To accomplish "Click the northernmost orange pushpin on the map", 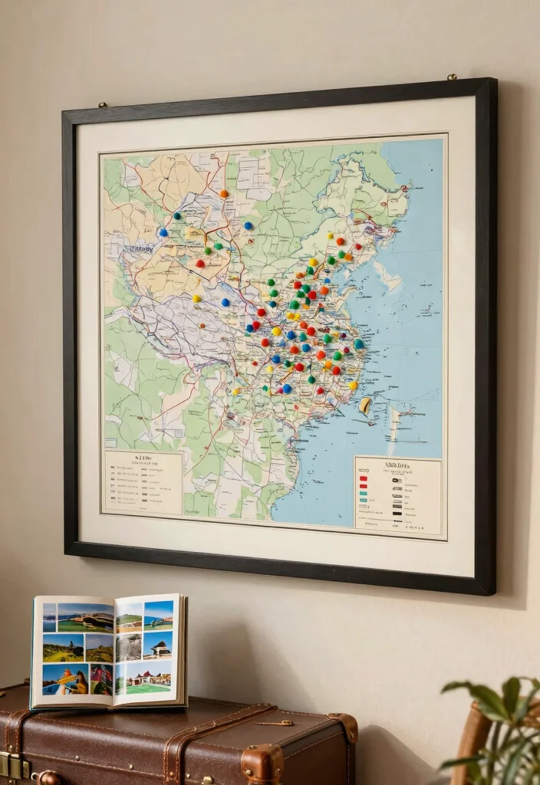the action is tap(224, 194).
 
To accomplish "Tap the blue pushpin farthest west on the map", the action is tap(163, 232).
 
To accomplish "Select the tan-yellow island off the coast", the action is tap(366, 405).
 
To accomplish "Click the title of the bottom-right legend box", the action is tap(397, 465).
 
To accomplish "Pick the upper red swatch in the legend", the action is tap(363, 478).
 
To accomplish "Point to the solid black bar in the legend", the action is tap(397, 506).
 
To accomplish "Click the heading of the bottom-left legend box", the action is tap(142, 459).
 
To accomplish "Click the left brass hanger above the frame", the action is tap(102, 104).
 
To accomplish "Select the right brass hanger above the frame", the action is tap(452, 77).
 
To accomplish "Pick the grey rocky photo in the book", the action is tap(129, 648).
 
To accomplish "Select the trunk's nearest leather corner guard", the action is tap(262, 764).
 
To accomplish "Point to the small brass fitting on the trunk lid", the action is tap(274, 722).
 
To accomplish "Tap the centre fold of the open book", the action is tap(114, 650).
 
